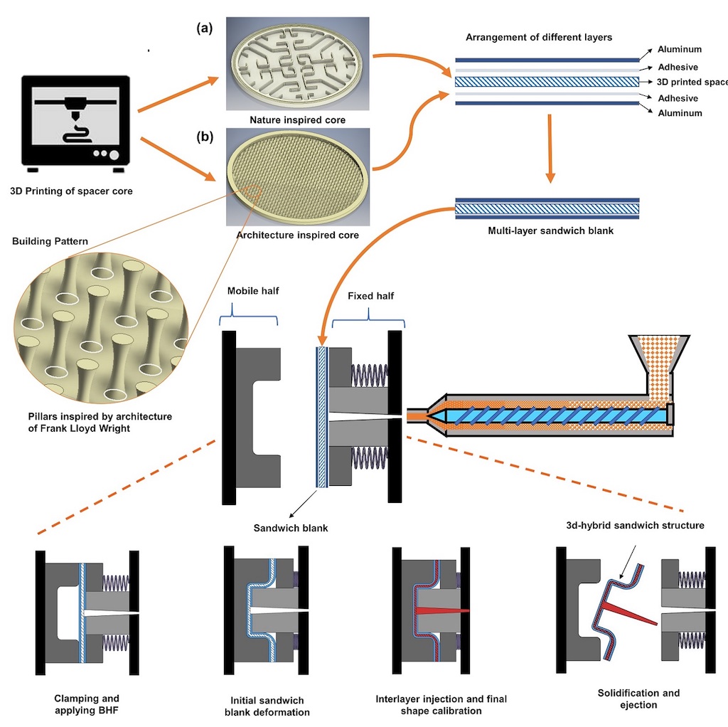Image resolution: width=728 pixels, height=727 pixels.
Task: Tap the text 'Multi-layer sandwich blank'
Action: (x=547, y=231)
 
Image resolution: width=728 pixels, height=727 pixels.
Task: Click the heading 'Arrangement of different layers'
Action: (x=538, y=37)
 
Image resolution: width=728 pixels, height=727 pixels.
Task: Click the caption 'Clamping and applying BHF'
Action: (x=87, y=705)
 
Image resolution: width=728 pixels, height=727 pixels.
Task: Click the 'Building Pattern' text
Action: (x=50, y=241)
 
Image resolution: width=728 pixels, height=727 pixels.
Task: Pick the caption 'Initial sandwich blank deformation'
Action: (x=267, y=706)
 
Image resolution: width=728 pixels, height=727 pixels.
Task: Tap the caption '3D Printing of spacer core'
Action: (x=71, y=191)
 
